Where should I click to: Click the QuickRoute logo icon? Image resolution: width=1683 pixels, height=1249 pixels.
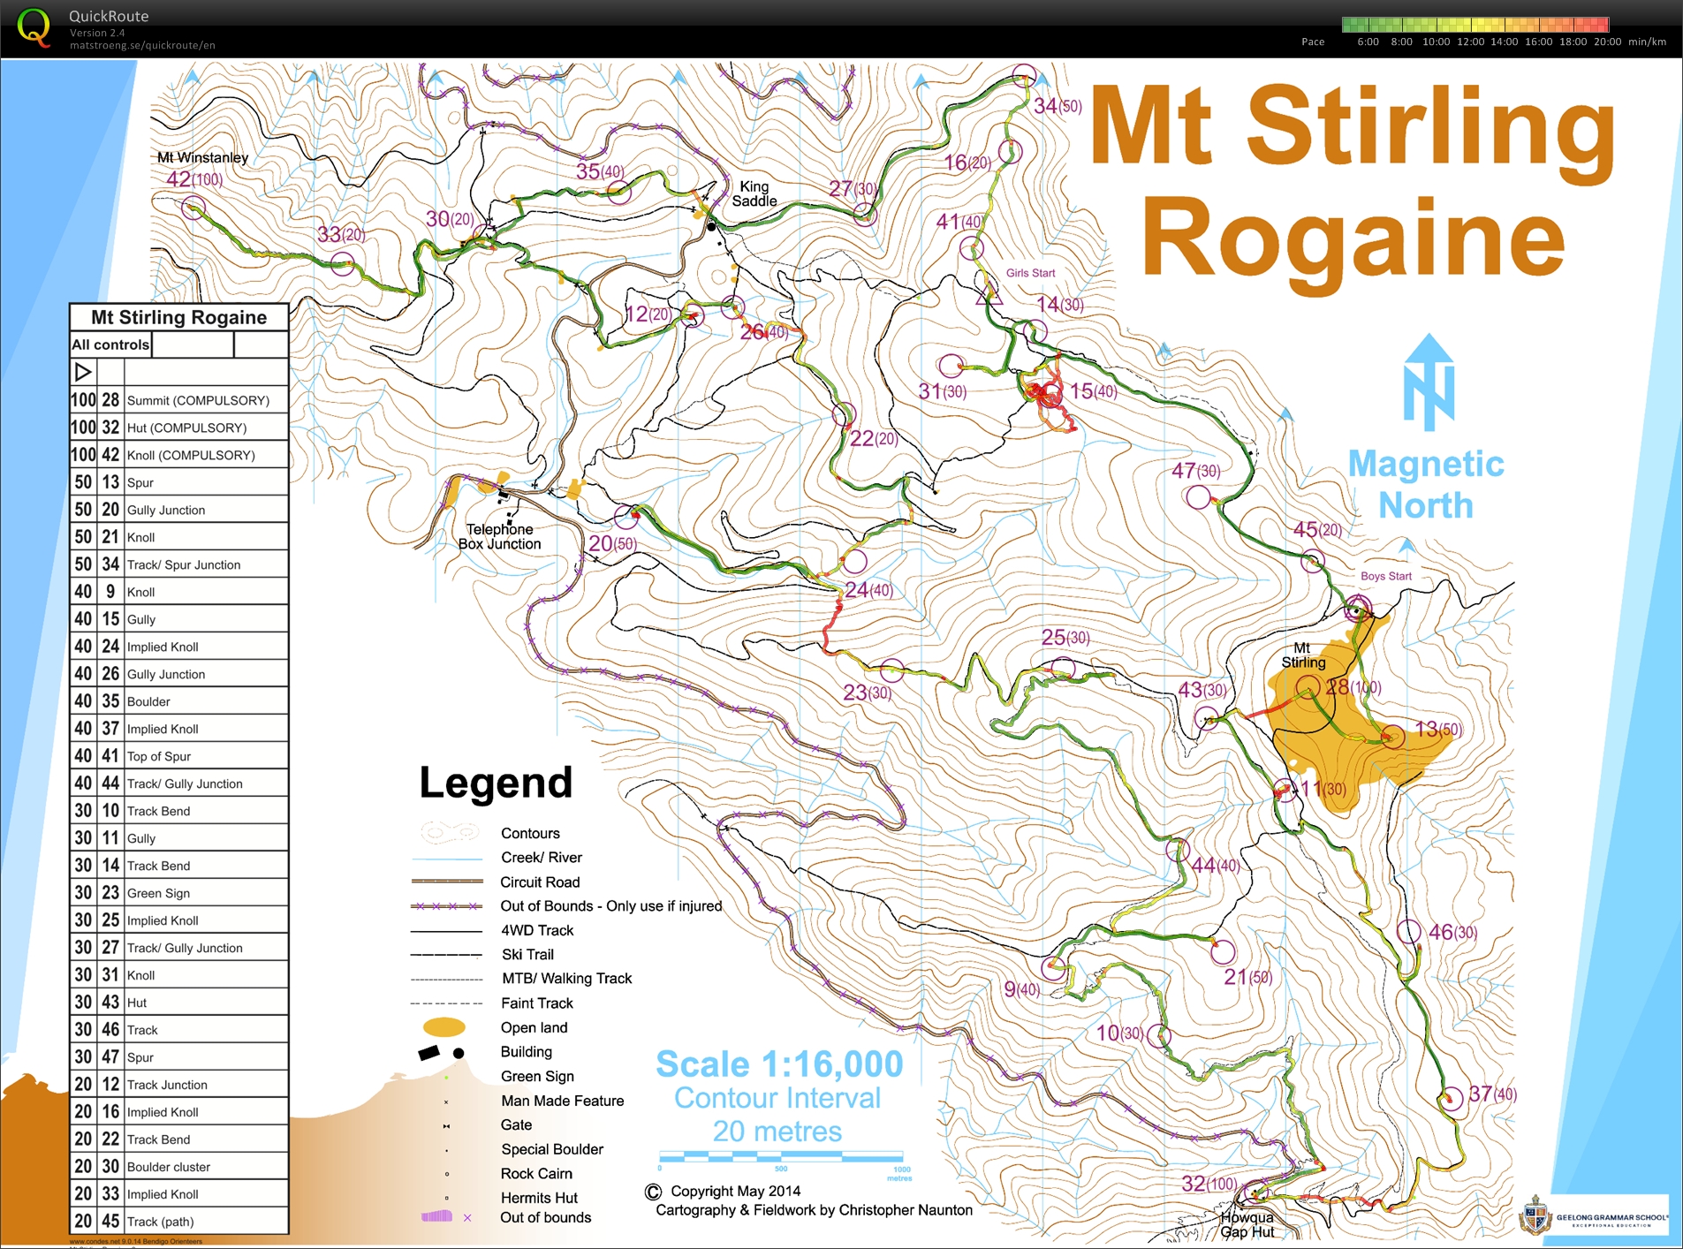point(34,26)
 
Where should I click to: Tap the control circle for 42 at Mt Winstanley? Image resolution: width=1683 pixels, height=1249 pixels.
point(193,208)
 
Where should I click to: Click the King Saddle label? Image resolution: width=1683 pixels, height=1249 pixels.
point(754,193)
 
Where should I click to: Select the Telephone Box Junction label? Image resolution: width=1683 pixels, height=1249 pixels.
point(499,536)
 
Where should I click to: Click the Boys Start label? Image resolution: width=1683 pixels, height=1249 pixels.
point(1385,576)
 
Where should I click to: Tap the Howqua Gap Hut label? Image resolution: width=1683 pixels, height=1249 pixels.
point(1247,1224)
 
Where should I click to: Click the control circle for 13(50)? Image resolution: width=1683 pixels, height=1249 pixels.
point(1392,736)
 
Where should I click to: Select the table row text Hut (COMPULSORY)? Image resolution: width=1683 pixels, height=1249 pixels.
point(186,428)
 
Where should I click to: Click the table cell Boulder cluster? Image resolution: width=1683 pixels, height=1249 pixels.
point(169,1167)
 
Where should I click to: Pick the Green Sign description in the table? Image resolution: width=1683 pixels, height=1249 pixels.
point(158,893)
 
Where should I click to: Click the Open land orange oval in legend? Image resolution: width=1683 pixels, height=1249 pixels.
point(443,1026)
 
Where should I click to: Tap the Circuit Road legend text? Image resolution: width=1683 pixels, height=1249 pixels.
point(540,882)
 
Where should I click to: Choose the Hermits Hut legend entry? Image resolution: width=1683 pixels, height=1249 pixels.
point(539,1198)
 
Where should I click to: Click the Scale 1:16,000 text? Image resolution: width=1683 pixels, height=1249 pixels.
point(779,1064)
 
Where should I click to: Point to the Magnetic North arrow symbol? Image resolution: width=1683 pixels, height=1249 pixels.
point(1428,382)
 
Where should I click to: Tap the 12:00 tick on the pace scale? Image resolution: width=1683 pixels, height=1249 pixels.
point(1470,42)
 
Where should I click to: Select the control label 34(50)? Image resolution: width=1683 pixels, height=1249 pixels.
point(1058,106)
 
